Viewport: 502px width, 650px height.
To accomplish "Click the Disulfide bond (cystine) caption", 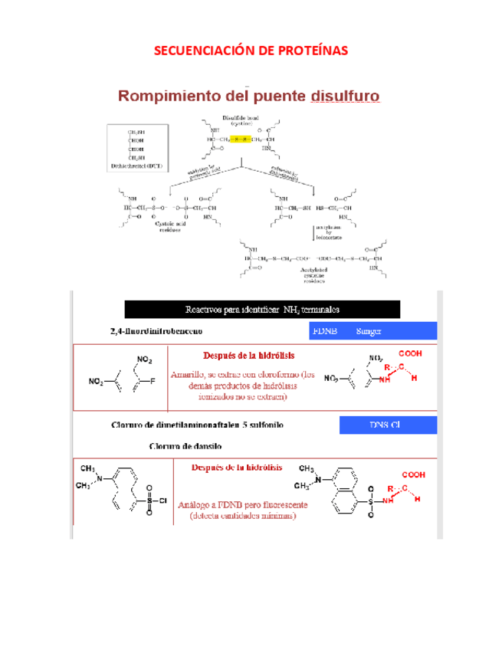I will (240, 120).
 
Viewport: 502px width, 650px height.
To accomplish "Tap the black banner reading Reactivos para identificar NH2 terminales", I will (262, 309).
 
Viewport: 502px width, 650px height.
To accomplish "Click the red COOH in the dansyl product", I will (414, 474).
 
